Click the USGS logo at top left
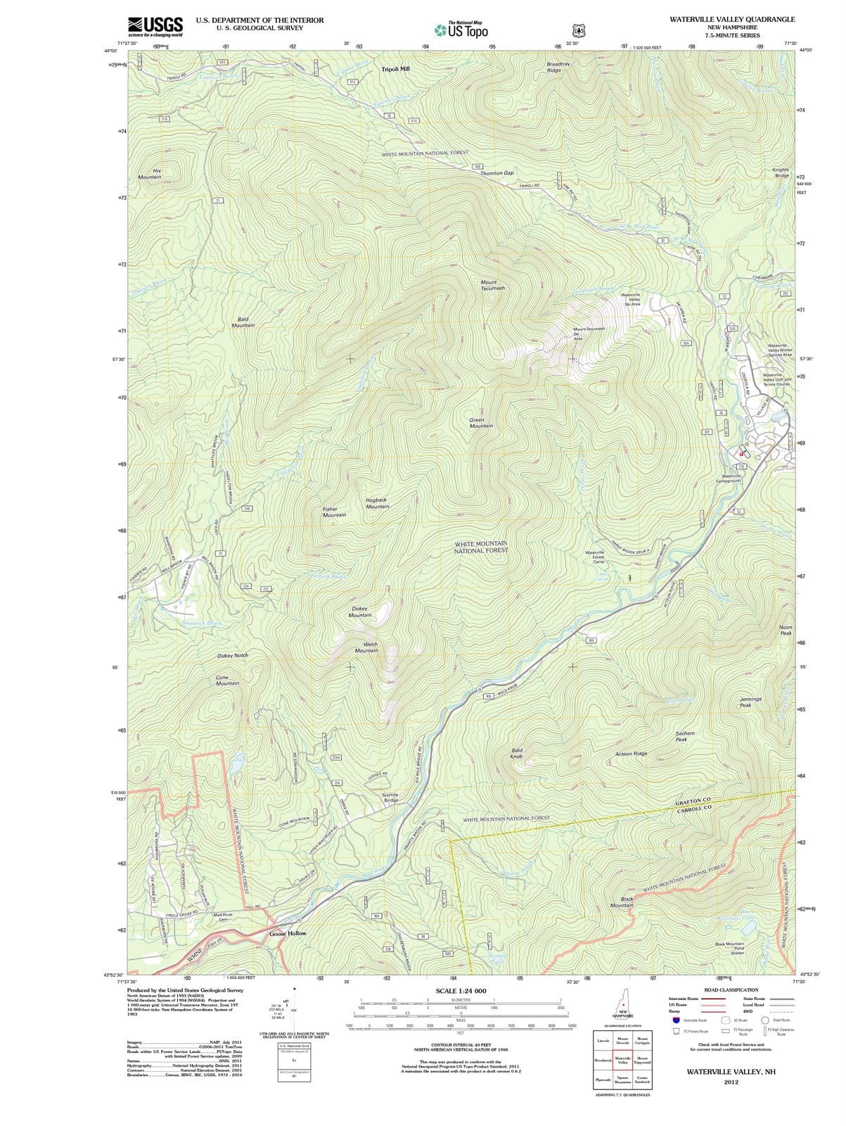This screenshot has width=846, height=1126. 155,26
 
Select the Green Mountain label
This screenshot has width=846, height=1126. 481,423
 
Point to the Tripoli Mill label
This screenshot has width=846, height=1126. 395,70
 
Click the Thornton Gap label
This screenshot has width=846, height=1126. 496,173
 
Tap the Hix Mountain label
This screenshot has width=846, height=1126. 149,174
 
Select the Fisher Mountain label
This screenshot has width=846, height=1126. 334,512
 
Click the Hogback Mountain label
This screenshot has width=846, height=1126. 378,503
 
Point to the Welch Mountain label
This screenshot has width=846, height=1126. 366,647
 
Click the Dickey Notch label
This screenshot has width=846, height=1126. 232,655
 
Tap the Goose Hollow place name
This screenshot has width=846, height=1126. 288,933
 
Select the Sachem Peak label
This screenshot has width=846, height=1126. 685,736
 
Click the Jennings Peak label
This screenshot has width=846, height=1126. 750,702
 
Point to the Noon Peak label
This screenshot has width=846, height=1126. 786,630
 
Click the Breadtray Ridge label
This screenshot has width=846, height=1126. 559,67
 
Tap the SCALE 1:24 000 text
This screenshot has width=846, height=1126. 461,991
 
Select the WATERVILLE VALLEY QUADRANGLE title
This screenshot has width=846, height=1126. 732,20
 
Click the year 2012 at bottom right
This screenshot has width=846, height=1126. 731,1082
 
